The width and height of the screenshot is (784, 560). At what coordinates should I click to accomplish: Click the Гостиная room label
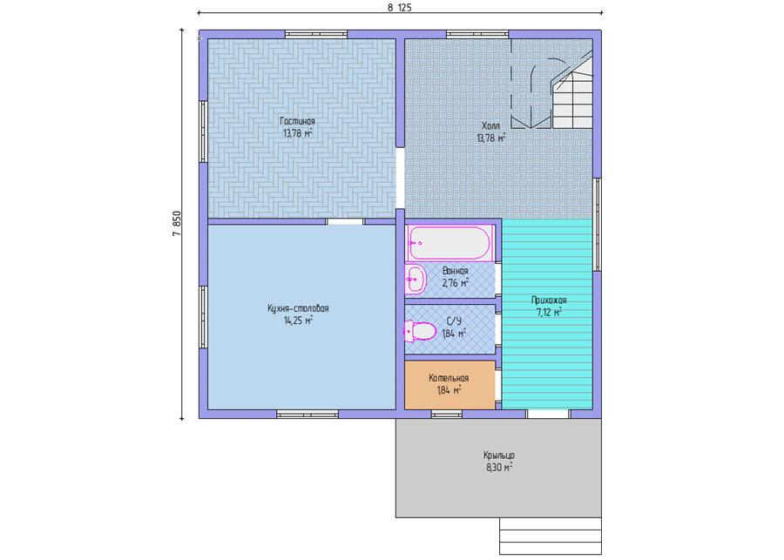coord(298,122)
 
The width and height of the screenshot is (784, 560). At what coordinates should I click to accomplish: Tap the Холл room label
coord(490,126)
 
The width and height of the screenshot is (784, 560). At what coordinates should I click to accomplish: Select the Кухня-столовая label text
coord(298,308)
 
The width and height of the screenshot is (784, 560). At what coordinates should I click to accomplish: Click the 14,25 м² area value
coord(299,320)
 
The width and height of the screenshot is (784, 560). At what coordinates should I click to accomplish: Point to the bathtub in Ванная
coord(450,243)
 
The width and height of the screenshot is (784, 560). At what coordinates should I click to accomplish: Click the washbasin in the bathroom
coord(415,280)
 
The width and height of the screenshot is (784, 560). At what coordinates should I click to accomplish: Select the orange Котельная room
coord(449,385)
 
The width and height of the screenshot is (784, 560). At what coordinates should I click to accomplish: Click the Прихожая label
coord(549,300)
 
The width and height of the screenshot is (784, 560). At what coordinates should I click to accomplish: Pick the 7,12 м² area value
coord(549,313)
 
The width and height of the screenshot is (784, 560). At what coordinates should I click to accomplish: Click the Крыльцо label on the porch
coord(499,455)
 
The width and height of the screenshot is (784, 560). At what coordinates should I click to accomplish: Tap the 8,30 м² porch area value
coord(499,468)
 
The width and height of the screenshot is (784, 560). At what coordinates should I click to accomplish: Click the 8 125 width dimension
coord(400,8)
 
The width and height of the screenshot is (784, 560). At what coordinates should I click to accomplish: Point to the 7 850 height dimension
coord(177,223)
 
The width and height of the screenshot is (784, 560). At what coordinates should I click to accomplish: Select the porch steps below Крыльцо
coord(551,536)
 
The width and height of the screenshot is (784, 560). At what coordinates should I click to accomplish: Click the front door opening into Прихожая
coord(549,414)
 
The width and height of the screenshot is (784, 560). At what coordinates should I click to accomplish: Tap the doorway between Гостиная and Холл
coord(400,178)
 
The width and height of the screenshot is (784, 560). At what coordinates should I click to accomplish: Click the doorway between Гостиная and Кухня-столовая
coord(346,221)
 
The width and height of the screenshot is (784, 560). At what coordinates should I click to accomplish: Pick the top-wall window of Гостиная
coord(316,35)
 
